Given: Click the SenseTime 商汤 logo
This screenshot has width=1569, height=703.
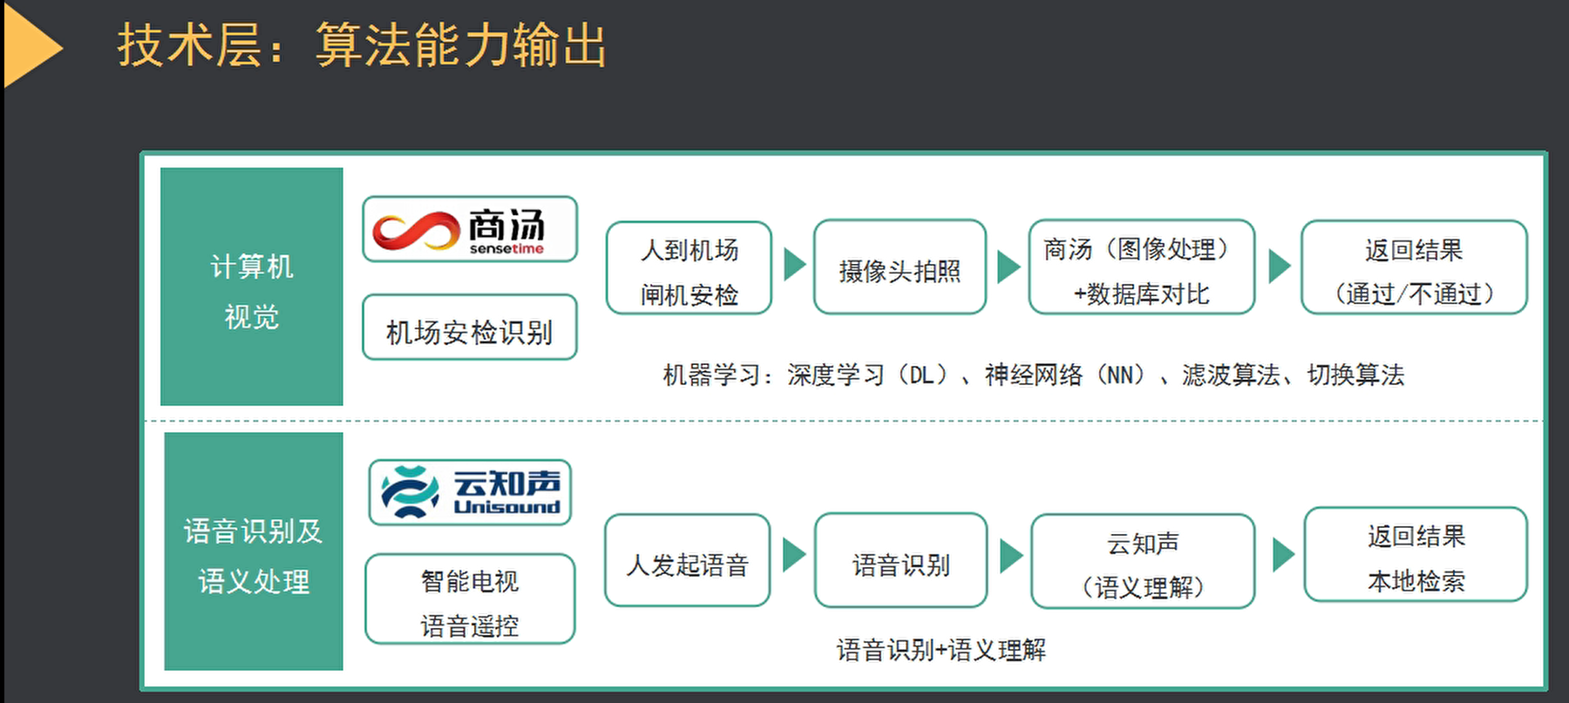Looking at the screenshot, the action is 470,229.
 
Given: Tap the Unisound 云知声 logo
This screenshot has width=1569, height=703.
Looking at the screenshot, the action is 470,492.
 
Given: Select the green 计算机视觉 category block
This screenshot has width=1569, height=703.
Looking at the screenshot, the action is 252,287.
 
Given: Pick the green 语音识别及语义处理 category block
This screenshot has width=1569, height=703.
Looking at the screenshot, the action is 254,551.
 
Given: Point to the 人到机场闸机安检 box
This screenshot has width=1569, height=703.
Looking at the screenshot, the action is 689,268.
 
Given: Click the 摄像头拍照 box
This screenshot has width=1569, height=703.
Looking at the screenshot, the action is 900,267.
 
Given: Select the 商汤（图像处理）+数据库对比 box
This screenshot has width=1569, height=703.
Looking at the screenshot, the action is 1141,267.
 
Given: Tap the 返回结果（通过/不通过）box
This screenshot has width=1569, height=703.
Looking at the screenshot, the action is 1414,268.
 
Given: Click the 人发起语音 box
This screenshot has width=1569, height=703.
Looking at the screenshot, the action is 687,561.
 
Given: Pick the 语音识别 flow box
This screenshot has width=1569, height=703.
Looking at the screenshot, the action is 900,561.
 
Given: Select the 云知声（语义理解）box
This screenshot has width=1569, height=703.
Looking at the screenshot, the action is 1143,562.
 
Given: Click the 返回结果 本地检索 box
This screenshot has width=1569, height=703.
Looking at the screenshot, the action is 1416,555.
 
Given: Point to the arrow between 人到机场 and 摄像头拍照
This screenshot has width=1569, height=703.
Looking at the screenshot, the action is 793,265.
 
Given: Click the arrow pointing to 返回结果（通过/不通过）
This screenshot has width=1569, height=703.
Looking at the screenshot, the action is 1278,266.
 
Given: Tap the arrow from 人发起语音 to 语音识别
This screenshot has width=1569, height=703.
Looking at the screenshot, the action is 793,555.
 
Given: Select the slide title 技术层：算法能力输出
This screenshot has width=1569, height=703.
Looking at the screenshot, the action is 362,45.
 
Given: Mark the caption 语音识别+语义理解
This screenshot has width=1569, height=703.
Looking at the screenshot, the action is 941,650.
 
